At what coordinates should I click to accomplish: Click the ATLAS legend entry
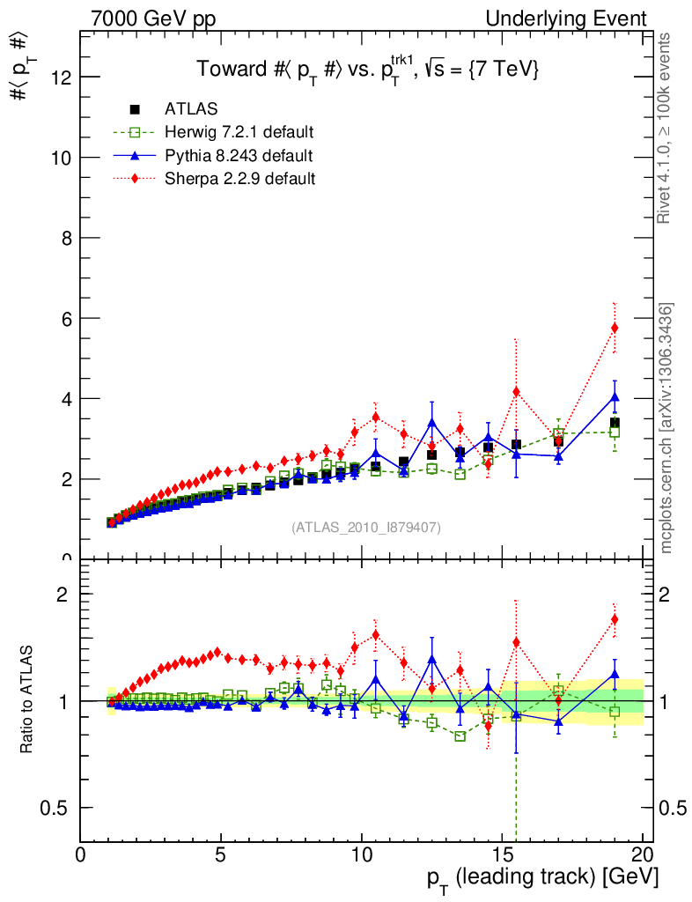click(x=191, y=109)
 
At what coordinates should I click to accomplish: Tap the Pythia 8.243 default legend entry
click(x=239, y=156)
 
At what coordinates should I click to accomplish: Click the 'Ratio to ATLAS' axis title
click(x=27, y=701)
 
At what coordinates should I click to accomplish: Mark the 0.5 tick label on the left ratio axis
click(x=55, y=808)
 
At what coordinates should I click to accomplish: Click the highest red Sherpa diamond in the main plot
click(x=615, y=328)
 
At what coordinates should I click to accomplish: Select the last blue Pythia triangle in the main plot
click(x=615, y=397)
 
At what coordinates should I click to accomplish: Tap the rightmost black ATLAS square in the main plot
click(x=615, y=423)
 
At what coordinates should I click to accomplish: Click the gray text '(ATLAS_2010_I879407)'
click(x=366, y=527)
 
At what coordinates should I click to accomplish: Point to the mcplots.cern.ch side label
click(x=666, y=428)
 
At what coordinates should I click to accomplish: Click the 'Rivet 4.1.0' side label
click(x=666, y=128)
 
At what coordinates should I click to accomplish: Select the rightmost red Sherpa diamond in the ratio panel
click(x=615, y=618)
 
